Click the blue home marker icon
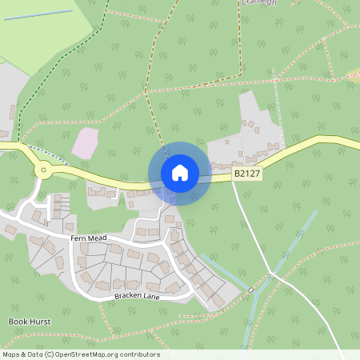tap(180, 173)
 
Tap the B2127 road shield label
tap(247, 173)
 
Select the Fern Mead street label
tap(89, 238)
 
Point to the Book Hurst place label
tap(30, 322)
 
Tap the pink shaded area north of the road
tap(85, 142)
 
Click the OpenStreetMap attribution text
tap(81, 354)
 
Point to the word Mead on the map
tap(97, 238)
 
